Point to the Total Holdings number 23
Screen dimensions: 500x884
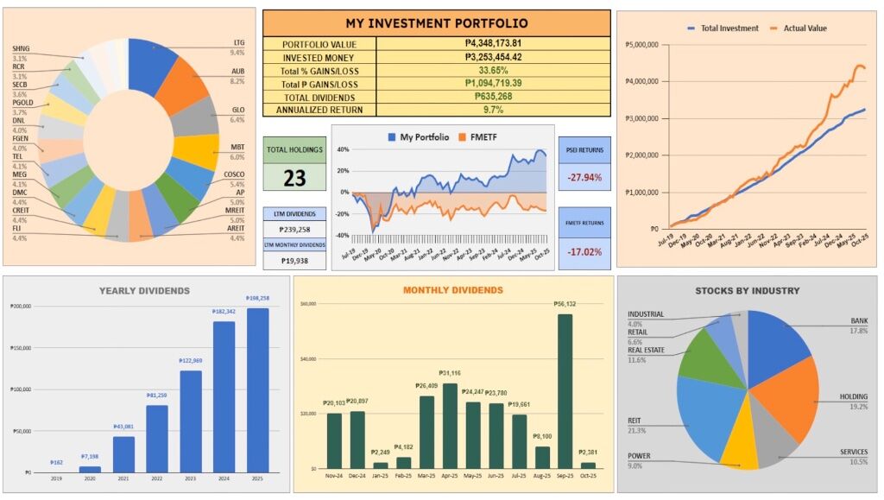coord(294,179)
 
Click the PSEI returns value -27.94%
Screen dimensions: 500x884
coord(584,177)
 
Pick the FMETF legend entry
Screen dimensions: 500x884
coord(476,136)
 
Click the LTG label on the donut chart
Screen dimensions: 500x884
coord(239,42)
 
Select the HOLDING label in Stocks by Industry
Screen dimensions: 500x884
coord(854,397)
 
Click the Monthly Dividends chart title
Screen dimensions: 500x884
coord(452,290)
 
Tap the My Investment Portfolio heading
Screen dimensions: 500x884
coord(436,23)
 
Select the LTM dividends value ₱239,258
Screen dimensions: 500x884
coord(294,231)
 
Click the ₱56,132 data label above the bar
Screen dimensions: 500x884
coord(564,305)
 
